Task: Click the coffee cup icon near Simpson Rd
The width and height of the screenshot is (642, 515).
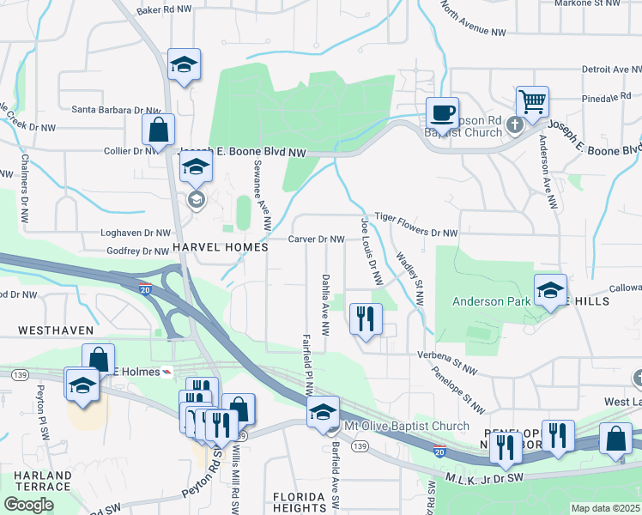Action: pos(443,112)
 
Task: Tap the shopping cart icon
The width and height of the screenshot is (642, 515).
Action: pos(532,101)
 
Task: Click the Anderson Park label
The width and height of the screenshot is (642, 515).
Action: pos(491,301)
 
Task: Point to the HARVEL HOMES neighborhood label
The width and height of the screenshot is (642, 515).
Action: pos(221,246)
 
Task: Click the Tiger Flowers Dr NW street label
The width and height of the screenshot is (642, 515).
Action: pos(416,233)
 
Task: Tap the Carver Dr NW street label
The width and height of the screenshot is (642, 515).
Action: pos(316,239)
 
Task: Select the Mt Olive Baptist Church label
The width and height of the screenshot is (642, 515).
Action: pos(406,426)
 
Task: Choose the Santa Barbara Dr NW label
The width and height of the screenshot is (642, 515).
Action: pos(116,110)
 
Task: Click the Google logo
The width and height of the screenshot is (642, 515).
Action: pos(28,504)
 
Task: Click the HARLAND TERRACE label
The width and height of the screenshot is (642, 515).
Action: pos(42,481)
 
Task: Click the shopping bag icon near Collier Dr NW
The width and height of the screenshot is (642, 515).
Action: pos(158,130)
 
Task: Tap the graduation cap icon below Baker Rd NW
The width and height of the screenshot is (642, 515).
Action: pos(184,64)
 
